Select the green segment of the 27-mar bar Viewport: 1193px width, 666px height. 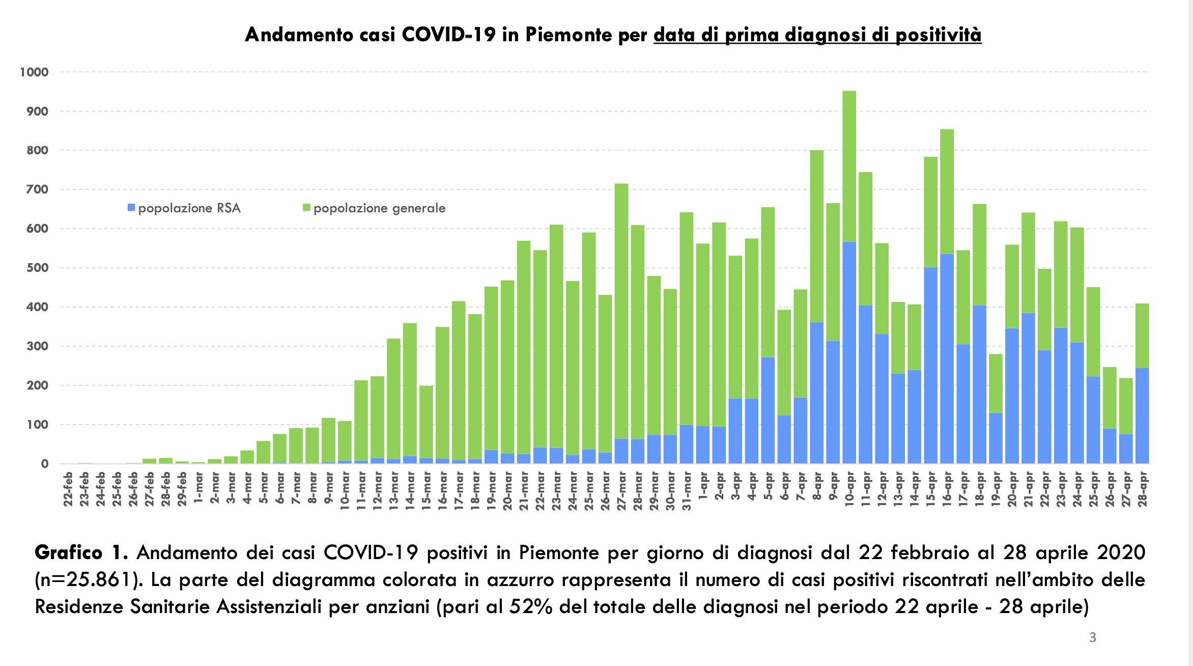pos(621,311)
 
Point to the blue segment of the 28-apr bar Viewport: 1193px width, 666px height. pos(1142,415)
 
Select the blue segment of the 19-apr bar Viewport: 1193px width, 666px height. pos(996,438)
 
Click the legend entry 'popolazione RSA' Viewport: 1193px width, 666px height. pos(184,208)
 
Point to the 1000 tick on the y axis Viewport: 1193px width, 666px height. pos(34,72)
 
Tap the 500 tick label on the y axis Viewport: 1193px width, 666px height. pos(38,268)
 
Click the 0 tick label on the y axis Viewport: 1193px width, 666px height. pos(45,464)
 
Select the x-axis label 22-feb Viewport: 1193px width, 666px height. pos(68,489)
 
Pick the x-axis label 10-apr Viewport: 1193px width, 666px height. pos(849,489)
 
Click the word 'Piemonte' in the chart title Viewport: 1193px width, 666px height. pos(569,35)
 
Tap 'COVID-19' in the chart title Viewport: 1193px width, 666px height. pos(448,35)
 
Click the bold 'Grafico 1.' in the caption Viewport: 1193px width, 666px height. pos(81,552)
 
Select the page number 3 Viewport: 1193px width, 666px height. pos(1092,637)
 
